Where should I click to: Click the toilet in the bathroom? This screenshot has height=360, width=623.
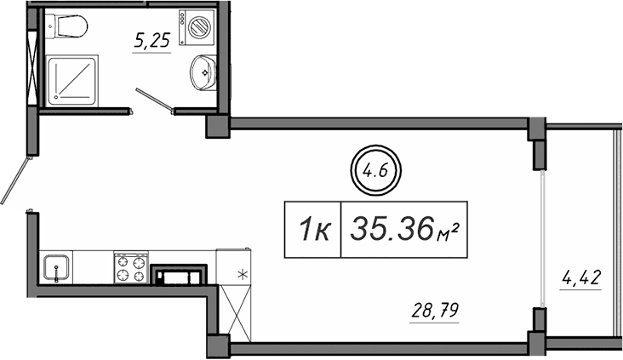click(x=67, y=27)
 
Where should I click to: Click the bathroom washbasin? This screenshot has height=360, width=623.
click(x=203, y=71)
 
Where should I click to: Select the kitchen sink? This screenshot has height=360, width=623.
click(x=56, y=267)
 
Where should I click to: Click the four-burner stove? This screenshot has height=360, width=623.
click(x=131, y=267)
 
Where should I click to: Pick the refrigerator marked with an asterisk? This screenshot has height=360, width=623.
click(x=233, y=267)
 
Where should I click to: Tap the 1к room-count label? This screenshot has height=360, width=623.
click(x=312, y=230)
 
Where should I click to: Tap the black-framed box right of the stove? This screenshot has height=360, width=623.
click(x=179, y=275)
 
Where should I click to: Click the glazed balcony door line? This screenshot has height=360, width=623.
click(x=542, y=238)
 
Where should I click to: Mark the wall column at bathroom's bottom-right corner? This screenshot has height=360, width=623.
click(x=218, y=125)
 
